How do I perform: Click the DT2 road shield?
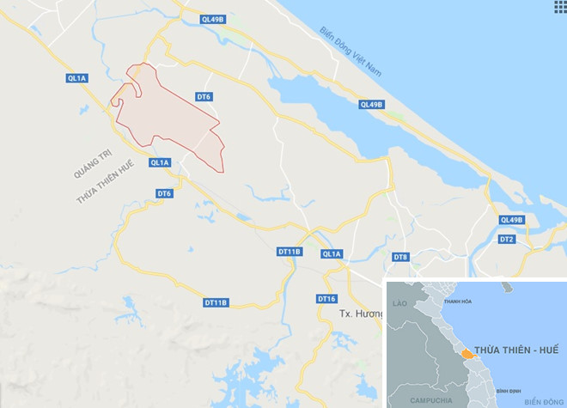[x=507, y=239]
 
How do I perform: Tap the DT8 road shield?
[x=400, y=257]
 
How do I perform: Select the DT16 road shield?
[x=326, y=299]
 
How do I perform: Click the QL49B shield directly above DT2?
[x=512, y=220]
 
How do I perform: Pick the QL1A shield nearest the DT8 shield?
[x=332, y=254]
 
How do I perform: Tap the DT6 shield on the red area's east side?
[x=204, y=98]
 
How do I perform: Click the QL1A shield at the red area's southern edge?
[x=160, y=162]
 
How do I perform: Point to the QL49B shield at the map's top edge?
[x=212, y=18]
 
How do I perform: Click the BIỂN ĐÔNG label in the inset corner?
[x=541, y=401]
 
